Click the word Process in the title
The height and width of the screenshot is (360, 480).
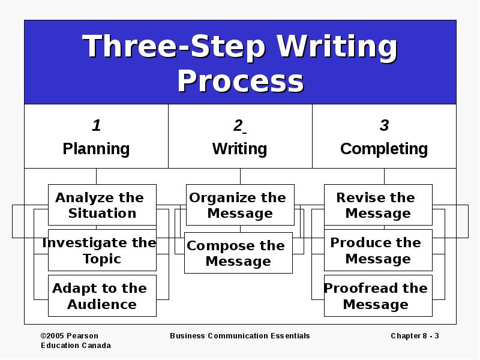(x=241, y=80)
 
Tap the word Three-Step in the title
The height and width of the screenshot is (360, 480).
(x=173, y=47)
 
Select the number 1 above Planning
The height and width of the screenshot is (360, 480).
(x=97, y=125)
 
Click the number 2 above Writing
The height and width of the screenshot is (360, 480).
(x=238, y=125)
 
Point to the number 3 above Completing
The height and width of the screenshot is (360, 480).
(x=384, y=125)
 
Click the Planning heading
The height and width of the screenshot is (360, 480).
(x=96, y=149)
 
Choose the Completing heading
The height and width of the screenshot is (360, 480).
(x=384, y=149)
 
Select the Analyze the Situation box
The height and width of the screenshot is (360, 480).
(x=102, y=205)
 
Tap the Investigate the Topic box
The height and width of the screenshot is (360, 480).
(x=102, y=250)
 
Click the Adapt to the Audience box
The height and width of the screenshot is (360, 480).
(x=102, y=296)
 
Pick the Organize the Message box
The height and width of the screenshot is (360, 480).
(x=241, y=205)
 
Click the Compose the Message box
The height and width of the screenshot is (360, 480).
(x=238, y=253)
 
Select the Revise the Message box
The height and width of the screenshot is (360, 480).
(x=379, y=205)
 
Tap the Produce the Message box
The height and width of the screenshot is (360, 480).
(x=379, y=250)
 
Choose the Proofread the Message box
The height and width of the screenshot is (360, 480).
(x=379, y=296)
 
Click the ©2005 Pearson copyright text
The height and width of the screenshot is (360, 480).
(x=70, y=336)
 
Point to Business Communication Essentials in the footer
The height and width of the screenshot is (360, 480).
(x=240, y=336)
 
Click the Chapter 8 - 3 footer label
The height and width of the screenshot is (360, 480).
(x=415, y=336)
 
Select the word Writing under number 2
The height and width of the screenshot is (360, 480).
(x=239, y=149)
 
